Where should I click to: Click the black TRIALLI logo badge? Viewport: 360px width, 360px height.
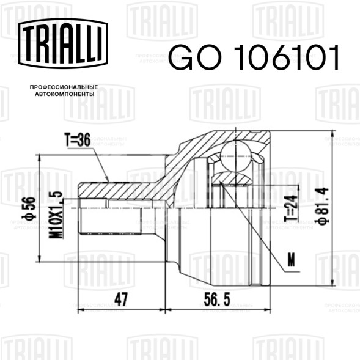[x=63, y=43]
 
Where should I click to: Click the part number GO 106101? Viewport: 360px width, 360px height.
[x=254, y=57]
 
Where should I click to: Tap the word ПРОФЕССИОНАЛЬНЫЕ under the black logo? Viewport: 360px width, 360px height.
[x=64, y=87]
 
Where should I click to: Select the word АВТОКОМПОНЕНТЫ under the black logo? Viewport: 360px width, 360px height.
[x=65, y=94]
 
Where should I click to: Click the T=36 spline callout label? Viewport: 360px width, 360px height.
[x=78, y=139]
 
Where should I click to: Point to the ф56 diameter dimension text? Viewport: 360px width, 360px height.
[x=30, y=208]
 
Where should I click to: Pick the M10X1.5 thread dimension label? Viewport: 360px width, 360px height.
[x=56, y=215]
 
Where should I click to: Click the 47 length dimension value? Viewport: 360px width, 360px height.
[x=121, y=299]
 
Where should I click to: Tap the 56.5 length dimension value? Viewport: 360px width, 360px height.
[x=217, y=299]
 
